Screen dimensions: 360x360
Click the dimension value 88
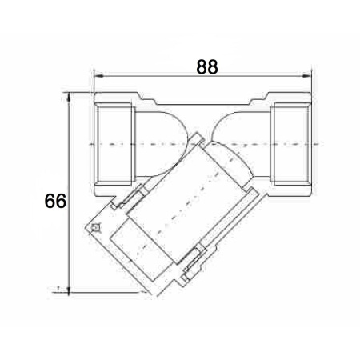point(207,66)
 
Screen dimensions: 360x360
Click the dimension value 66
point(55,201)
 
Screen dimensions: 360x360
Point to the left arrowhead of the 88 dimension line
point(98,76)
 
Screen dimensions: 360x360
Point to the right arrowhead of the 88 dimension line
point(306,76)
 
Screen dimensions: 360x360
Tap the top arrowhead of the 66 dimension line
point(69,97)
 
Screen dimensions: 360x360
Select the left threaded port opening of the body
point(115,144)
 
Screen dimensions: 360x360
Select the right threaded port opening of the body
point(290,144)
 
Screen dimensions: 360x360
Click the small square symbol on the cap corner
point(95,227)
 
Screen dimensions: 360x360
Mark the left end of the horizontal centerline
point(89,144)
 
